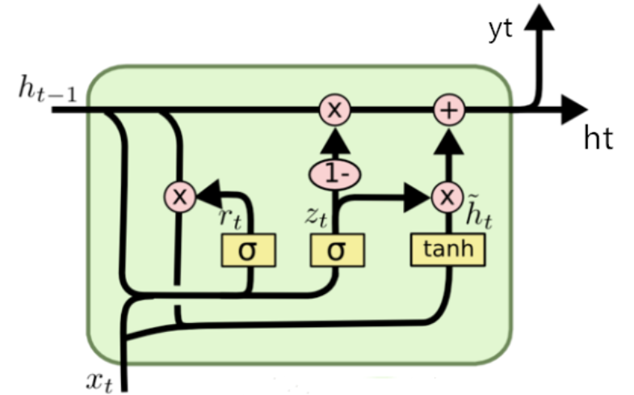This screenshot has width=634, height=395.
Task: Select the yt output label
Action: (x=502, y=30)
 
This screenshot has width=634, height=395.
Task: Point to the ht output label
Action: (x=598, y=139)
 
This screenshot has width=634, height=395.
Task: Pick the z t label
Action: (x=315, y=214)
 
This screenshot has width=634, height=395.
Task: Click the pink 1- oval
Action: (x=333, y=172)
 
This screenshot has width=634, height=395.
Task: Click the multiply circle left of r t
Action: (x=179, y=195)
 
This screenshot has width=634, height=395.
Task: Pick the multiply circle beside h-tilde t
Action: (x=446, y=195)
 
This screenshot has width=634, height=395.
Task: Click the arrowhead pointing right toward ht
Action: (x=574, y=109)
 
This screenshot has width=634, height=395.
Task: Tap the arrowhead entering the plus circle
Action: (x=447, y=139)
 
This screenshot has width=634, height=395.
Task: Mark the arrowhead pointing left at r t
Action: (x=208, y=195)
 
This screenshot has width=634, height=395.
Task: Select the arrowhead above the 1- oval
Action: (x=333, y=142)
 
